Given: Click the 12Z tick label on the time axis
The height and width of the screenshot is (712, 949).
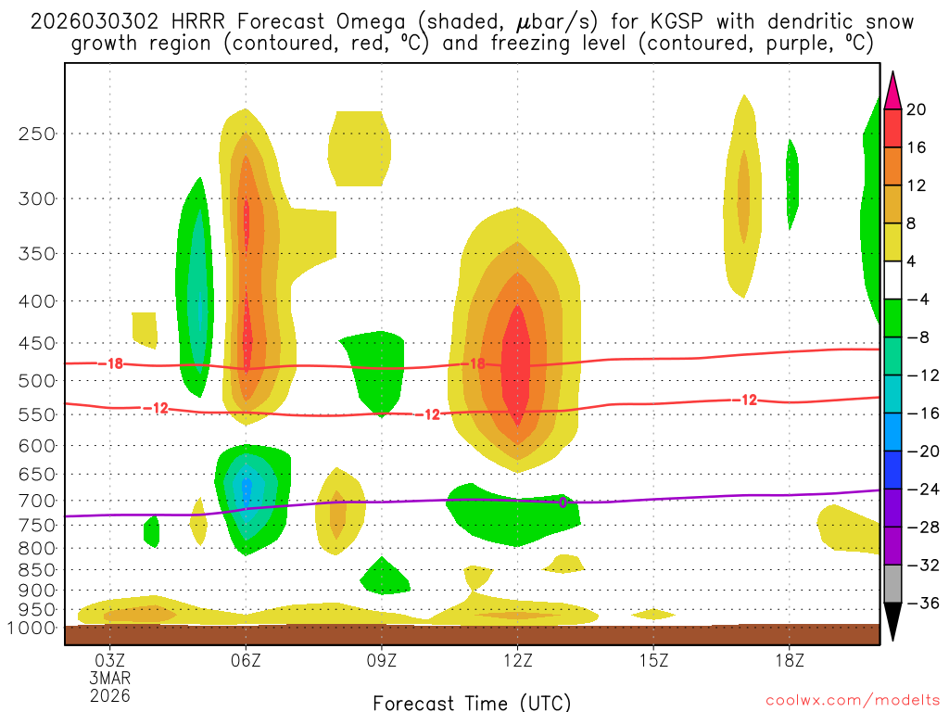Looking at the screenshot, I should (517, 661).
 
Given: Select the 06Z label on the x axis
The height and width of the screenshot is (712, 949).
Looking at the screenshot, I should (246, 661).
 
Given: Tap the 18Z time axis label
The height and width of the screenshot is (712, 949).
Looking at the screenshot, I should (789, 661).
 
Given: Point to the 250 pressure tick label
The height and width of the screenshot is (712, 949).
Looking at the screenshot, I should (37, 133).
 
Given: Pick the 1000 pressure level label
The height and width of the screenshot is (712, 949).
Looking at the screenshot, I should (33, 628).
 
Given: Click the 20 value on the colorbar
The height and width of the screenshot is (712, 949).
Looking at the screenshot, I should (917, 109).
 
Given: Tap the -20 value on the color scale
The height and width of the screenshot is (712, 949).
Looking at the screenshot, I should (919, 451).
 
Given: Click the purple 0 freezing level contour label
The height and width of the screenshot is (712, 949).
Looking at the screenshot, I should (562, 502).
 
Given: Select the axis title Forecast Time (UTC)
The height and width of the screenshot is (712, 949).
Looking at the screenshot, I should (472, 702).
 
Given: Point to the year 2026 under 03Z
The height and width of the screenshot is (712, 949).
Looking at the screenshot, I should (110, 694).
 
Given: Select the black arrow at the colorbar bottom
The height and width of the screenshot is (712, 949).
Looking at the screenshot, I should (892, 622).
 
